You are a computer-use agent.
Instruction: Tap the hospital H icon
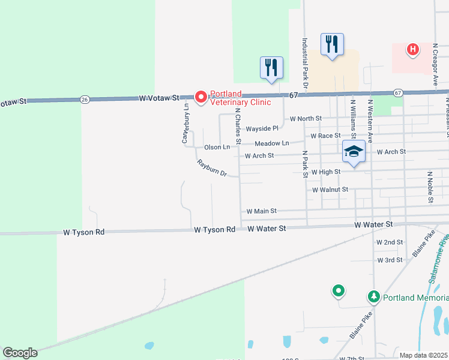[412, 49]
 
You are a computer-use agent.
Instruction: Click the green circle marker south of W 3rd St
[339, 292]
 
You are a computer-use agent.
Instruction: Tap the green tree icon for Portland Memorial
[373, 297]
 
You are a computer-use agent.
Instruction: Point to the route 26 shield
[85, 99]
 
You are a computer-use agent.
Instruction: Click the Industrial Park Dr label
[305, 65]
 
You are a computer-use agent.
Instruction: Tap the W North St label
[306, 119]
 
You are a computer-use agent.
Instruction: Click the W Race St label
[325, 136]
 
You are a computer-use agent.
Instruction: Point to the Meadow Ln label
[272, 143]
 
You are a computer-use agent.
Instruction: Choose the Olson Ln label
[217, 147]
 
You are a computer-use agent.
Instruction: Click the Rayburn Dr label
[211, 169]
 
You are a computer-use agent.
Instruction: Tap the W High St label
[325, 172]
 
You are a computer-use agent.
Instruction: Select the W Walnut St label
[330, 190]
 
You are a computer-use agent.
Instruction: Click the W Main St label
[261, 211]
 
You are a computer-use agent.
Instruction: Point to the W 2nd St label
[389, 242]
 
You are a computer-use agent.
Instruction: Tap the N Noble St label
[430, 187]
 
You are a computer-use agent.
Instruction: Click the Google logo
[20, 353]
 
